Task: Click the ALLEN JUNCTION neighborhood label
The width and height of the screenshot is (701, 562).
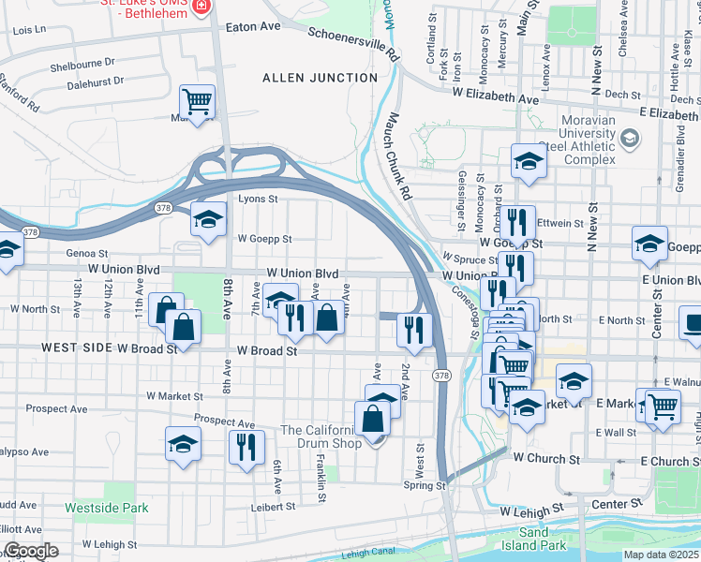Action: click(311, 77)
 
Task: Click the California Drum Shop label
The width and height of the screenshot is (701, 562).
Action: click(321, 436)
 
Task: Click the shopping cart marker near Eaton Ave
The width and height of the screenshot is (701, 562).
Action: click(198, 101)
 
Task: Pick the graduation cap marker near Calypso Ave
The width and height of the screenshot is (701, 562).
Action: click(183, 444)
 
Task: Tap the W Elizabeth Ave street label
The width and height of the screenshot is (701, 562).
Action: click(496, 96)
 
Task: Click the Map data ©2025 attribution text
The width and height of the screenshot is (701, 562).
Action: click(661, 555)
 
